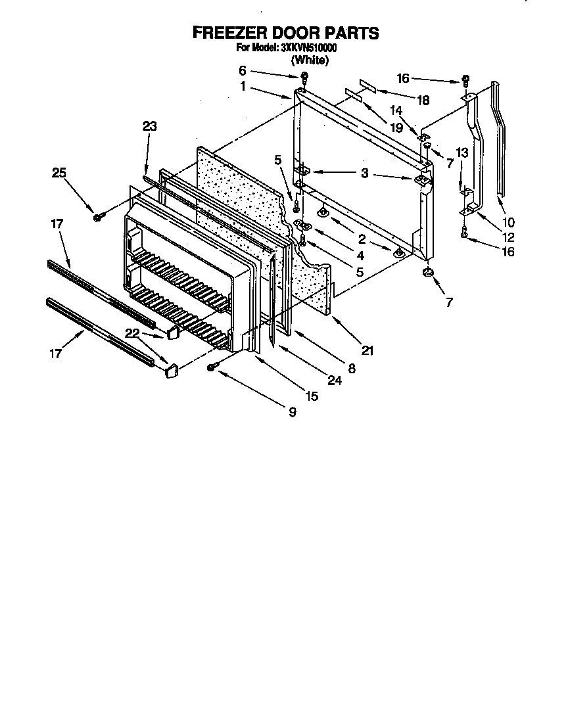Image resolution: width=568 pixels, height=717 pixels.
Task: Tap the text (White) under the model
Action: [x=310, y=60]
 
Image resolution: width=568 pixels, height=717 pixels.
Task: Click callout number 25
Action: [x=60, y=173]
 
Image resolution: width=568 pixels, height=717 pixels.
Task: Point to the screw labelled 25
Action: [x=97, y=216]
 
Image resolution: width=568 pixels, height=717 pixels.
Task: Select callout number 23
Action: [x=150, y=127]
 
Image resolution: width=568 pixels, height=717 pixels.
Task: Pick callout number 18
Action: [x=423, y=101]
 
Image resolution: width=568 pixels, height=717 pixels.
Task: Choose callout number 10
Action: [x=509, y=222]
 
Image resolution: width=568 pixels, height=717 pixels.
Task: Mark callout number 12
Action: [x=509, y=237]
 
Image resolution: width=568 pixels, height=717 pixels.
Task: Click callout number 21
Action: [x=367, y=352]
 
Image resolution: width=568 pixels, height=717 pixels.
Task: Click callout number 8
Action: [x=352, y=369]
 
